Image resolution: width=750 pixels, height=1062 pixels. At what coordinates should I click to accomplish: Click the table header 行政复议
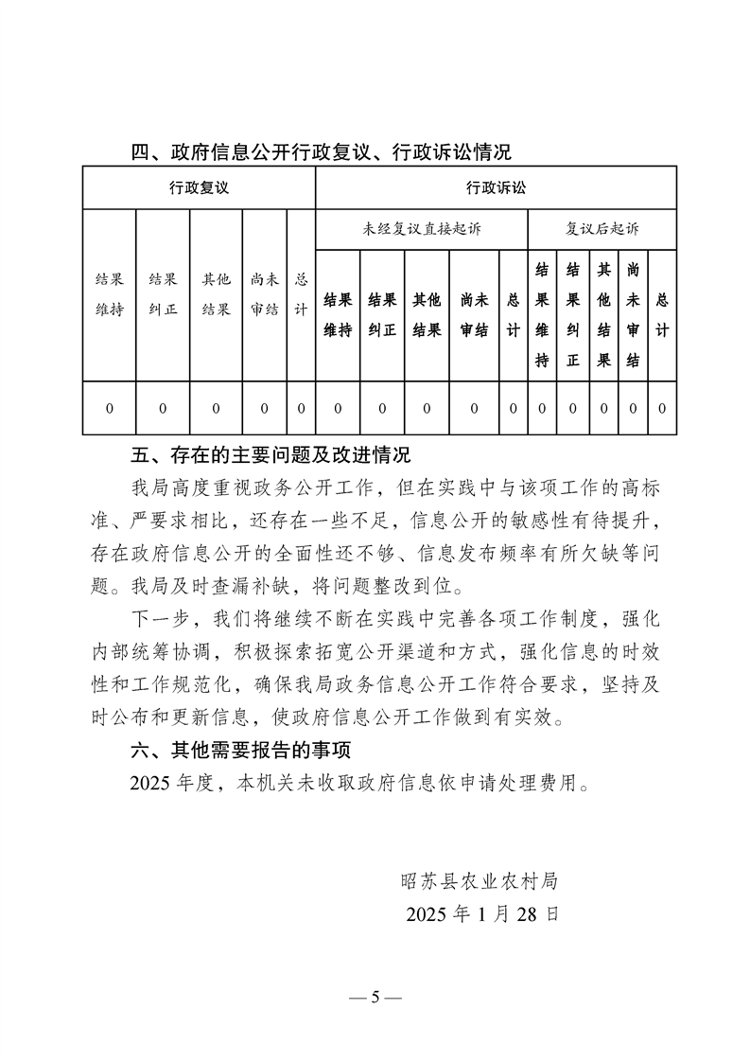200,187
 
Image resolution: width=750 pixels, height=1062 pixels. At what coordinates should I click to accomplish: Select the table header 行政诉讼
496,187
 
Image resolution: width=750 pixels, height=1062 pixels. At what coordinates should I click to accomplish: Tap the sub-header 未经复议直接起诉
421,229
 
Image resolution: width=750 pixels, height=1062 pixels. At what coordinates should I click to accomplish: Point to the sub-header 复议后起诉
602,229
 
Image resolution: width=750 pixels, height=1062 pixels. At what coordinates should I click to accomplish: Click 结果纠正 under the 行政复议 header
163,294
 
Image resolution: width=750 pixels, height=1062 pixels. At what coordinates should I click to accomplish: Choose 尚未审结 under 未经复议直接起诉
474,315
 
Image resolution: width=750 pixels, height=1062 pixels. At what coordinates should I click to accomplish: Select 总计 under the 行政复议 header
301,294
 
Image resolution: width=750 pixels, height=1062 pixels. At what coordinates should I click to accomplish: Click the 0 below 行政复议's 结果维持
110,408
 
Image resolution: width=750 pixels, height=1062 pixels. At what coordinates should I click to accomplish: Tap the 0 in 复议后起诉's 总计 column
662,408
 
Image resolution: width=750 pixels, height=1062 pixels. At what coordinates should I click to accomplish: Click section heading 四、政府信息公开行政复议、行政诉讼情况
321,151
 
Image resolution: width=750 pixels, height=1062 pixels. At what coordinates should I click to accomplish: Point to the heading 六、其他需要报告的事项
240,752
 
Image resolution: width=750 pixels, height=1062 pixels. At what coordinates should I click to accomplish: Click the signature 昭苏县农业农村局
479,882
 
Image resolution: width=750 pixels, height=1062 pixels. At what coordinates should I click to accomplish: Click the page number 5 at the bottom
375,997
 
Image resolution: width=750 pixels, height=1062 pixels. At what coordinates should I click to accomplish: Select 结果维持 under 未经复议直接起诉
339,315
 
